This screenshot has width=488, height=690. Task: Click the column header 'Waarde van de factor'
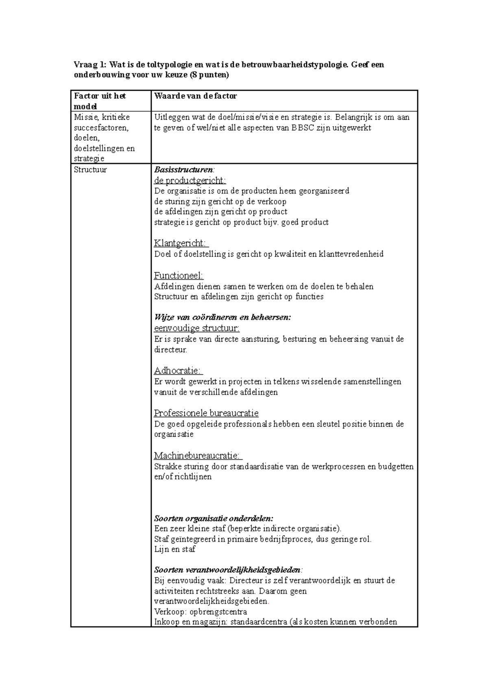pyautogui.click(x=195, y=96)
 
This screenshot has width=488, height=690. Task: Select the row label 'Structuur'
pyautogui.click(x=90, y=170)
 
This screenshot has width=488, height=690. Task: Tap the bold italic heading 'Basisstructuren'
pyautogui.click(x=183, y=170)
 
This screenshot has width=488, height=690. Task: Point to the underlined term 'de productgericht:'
pyautogui.click(x=190, y=180)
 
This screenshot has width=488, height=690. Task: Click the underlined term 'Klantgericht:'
pyautogui.click(x=181, y=243)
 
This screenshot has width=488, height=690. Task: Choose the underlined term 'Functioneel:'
pyautogui.click(x=179, y=276)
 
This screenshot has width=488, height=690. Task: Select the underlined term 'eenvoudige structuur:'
pyautogui.click(x=197, y=328)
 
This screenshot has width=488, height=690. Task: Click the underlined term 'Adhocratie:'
pyautogui.click(x=178, y=371)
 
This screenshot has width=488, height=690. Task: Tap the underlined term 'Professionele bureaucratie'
pyautogui.click(x=206, y=413)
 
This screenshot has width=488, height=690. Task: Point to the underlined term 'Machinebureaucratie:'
pyautogui.click(x=198, y=456)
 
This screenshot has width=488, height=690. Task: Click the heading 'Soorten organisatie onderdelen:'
pyautogui.click(x=214, y=519)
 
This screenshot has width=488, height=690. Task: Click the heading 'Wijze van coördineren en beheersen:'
pyautogui.click(x=222, y=317)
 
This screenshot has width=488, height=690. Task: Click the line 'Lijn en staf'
pyautogui.click(x=175, y=549)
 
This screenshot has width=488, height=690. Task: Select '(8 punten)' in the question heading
pyautogui.click(x=209, y=75)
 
